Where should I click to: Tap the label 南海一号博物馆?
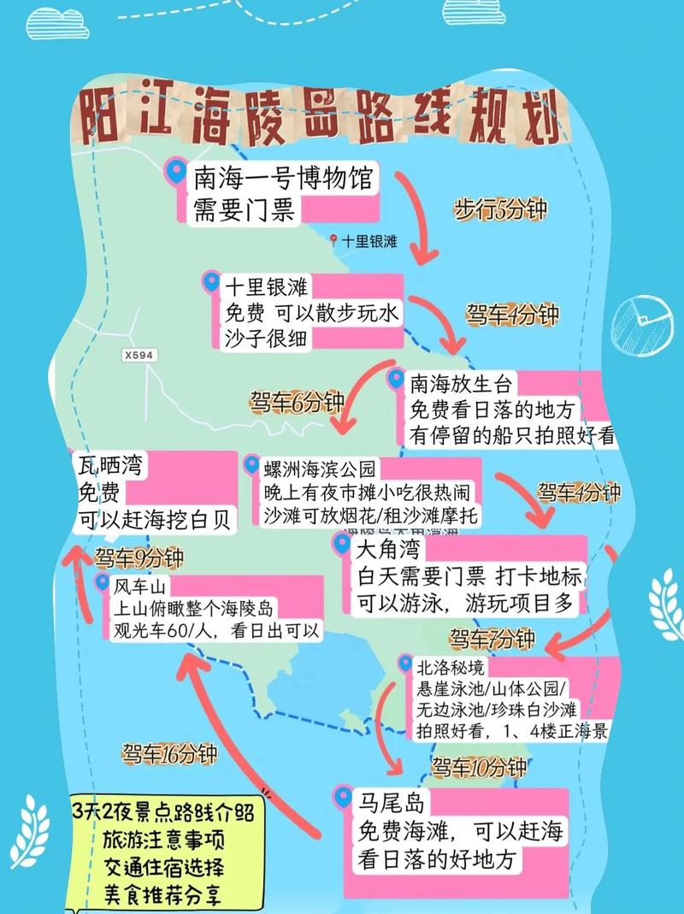pos(283,180)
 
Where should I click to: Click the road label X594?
pos(139,353)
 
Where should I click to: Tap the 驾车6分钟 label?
pos(297,401)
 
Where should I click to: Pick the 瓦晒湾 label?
pos(112,466)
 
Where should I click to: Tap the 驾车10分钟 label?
pos(478,767)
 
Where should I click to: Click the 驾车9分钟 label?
pos(139,559)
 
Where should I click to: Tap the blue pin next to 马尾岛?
pos(343,798)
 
